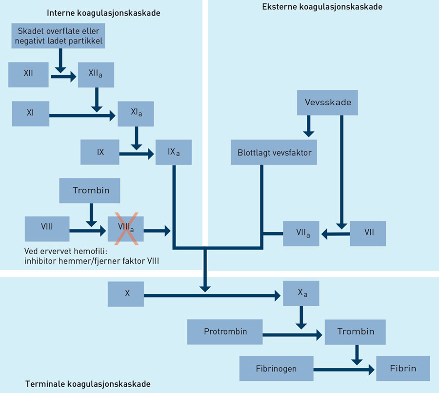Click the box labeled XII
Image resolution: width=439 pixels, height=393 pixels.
[28, 75]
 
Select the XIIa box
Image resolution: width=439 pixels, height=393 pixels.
[96, 75]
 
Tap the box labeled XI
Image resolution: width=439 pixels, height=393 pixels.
[30, 113]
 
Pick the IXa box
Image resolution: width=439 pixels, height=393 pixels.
[174, 152]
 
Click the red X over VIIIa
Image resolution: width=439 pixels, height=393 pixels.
[126, 228]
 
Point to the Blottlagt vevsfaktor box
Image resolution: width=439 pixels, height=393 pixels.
[274, 152]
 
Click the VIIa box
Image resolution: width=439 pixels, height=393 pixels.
[301, 233]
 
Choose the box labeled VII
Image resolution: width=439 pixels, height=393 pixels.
[368, 233]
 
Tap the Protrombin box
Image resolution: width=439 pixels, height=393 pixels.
[225, 332]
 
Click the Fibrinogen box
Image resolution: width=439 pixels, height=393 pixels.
[276, 369]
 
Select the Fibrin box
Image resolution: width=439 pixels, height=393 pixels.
[403, 369]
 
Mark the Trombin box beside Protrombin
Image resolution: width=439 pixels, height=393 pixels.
[356, 332]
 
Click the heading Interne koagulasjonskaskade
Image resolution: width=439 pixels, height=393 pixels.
[103, 13]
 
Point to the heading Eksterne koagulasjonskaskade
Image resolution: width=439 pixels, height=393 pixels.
[322, 7]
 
